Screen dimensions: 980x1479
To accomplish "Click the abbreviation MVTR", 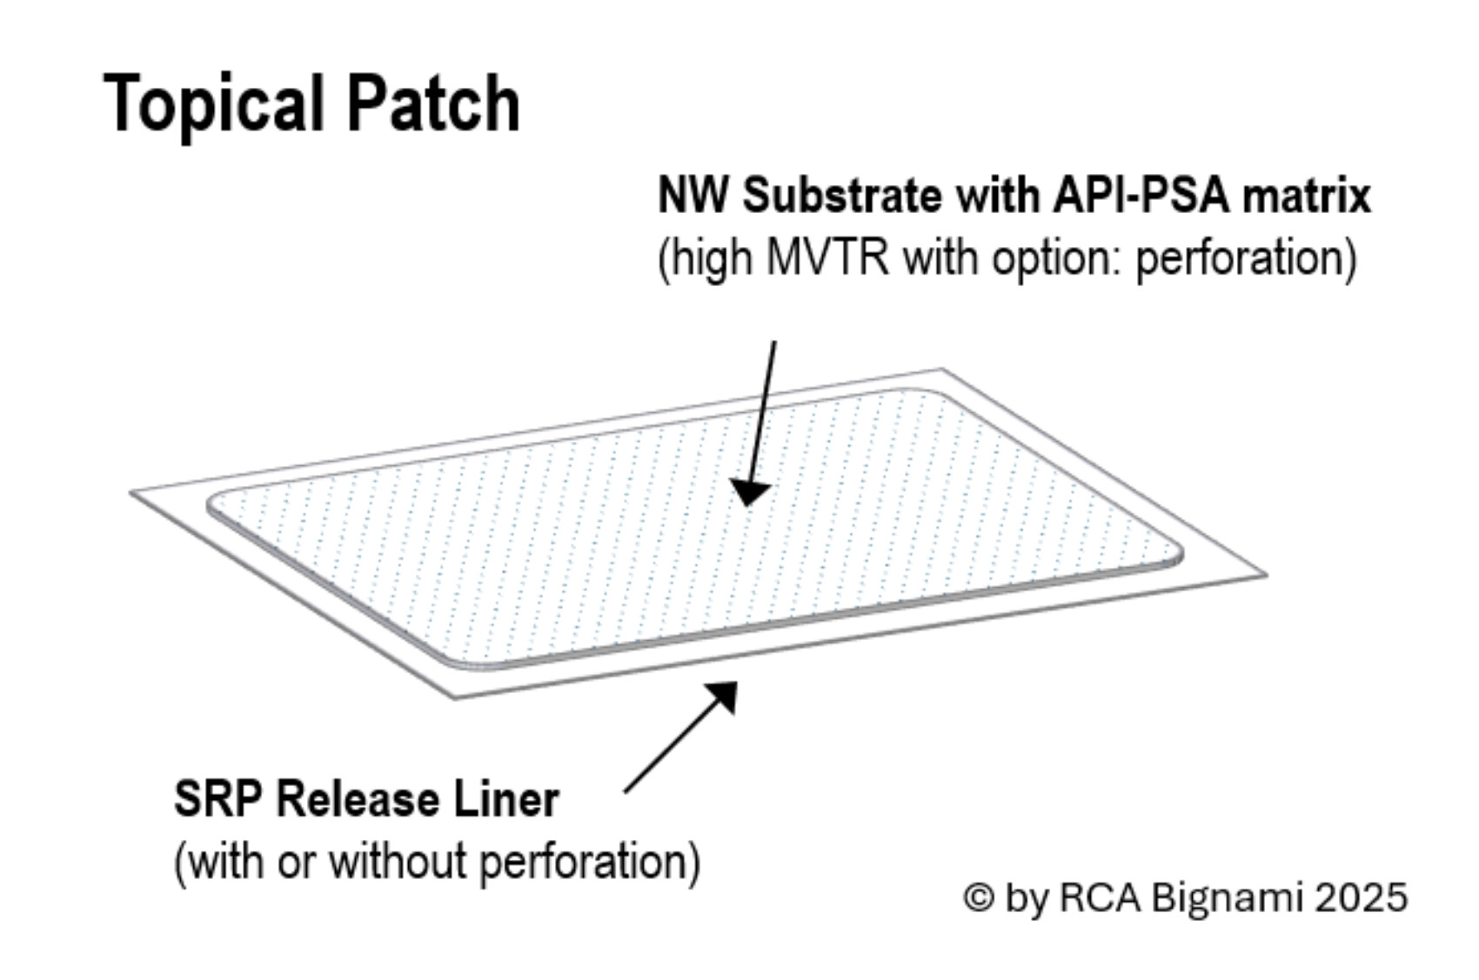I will (826, 258).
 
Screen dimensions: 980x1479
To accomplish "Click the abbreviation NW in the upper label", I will (692, 195).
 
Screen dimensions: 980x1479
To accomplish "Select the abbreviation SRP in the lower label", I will (217, 799).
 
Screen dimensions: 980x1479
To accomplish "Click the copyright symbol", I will (979, 897).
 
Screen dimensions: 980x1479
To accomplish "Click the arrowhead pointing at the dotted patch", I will (749, 492).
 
